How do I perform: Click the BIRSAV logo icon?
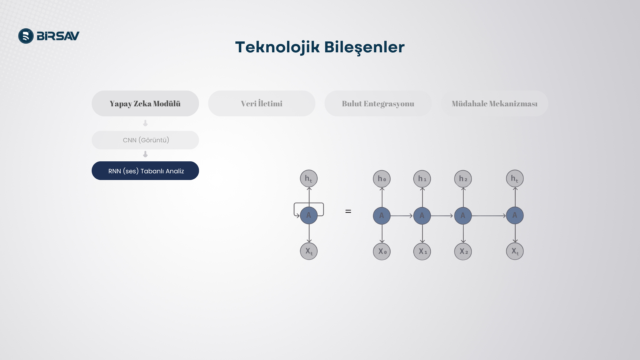tap(26, 36)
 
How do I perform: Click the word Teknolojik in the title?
tap(277, 47)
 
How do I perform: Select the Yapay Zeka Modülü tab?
tap(145, 103)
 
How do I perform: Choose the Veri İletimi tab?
tap(262, 103)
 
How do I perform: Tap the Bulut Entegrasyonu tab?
tap(378, 103)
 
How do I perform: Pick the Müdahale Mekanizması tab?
tap(494, 103)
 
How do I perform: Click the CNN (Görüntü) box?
tap(145, 140)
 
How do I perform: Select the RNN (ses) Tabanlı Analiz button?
tap(145, 171)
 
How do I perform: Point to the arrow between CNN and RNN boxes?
tap(145, 154)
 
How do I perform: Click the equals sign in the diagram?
tap(348, 211)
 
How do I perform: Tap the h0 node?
tap(382, 179)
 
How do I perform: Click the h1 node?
tap(422, 179)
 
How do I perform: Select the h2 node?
tap(463, 179)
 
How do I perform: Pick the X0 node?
tap(382, 251)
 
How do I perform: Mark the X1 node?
tap(422, 251)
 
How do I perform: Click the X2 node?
tap(463, 251)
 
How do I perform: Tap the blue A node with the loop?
tap(309, 215)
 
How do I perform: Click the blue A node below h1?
tap(422, 216)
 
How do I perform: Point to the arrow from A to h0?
tap(382, 197)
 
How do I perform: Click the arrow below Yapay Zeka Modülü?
tap(145, 123)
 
